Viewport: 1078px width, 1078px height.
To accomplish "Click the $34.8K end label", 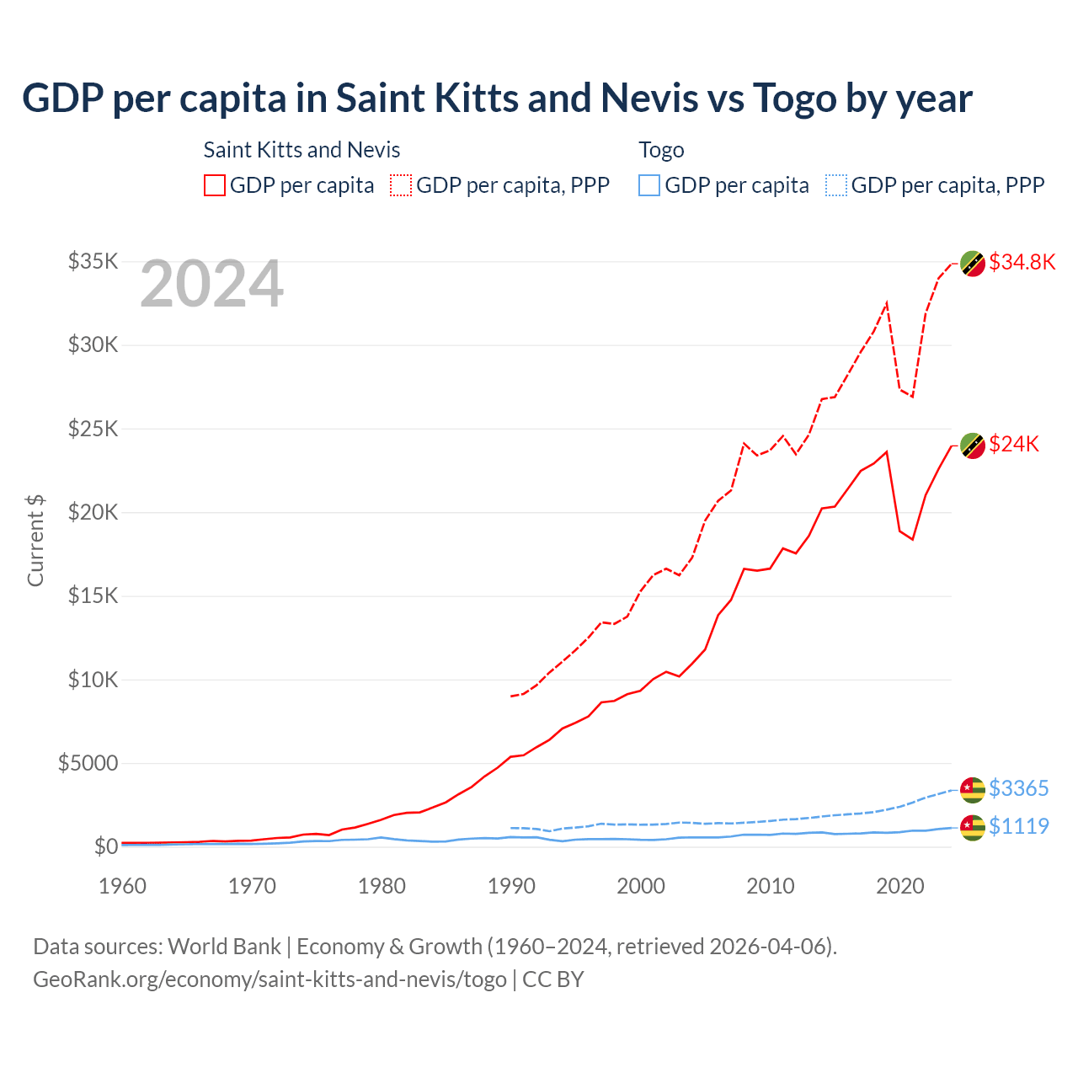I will coord(1022,262).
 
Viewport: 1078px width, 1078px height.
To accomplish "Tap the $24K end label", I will coord(1014,444).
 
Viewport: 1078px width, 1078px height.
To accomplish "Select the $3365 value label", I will coord(1018,788).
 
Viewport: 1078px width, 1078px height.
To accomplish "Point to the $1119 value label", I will coord(1018,826).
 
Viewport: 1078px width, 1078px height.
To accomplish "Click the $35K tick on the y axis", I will coord(93,261).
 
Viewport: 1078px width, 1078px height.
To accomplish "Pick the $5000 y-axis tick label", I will coord(88,763).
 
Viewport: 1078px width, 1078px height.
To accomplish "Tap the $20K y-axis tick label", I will coord(93,512).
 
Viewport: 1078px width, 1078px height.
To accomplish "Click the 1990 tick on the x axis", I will coord(511,886).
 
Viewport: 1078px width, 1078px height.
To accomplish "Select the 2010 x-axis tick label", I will coord(771,886).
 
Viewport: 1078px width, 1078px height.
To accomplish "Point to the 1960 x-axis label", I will coord(123,886).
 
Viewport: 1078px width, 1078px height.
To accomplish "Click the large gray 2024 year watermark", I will coord(211,285).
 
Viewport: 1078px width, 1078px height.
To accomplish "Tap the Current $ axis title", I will coord(35,541).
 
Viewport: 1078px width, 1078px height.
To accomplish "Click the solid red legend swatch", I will coord(215,185).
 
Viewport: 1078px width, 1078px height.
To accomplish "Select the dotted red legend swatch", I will coord(401,185).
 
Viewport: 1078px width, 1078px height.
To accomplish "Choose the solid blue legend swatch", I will coord(649,185).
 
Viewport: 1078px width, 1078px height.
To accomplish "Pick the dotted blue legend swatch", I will coord(836,185).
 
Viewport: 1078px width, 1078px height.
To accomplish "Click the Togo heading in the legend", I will coord(661,150).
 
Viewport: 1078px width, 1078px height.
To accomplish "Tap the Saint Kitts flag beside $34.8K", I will coord(973,263).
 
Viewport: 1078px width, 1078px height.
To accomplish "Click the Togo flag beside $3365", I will coord(973,789).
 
